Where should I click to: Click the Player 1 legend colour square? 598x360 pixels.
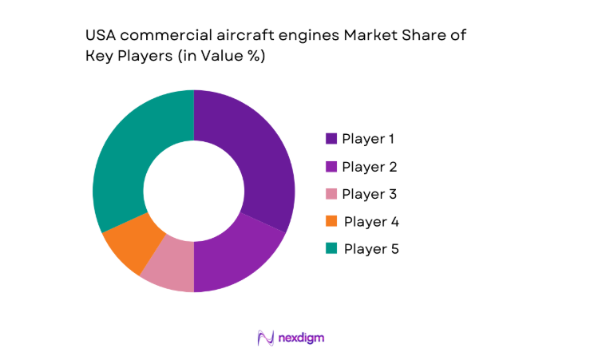tap(331, 139)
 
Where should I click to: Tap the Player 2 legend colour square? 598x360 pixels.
tap(331, 167)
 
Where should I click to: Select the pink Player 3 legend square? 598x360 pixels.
tap(331, 194)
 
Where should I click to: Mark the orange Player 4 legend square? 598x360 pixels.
tap(331, 221)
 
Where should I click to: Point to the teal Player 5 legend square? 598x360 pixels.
tap(331, 249)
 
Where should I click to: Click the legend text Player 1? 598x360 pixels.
tap(368, 139)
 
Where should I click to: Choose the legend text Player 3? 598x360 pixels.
tap(369, 194)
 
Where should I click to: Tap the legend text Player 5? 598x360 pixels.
tap(370, 249)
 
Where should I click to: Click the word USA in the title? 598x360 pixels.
tap(99, 36)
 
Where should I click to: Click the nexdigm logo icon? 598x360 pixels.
tap(265, 338)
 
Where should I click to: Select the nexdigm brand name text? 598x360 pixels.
tap(302, 338)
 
